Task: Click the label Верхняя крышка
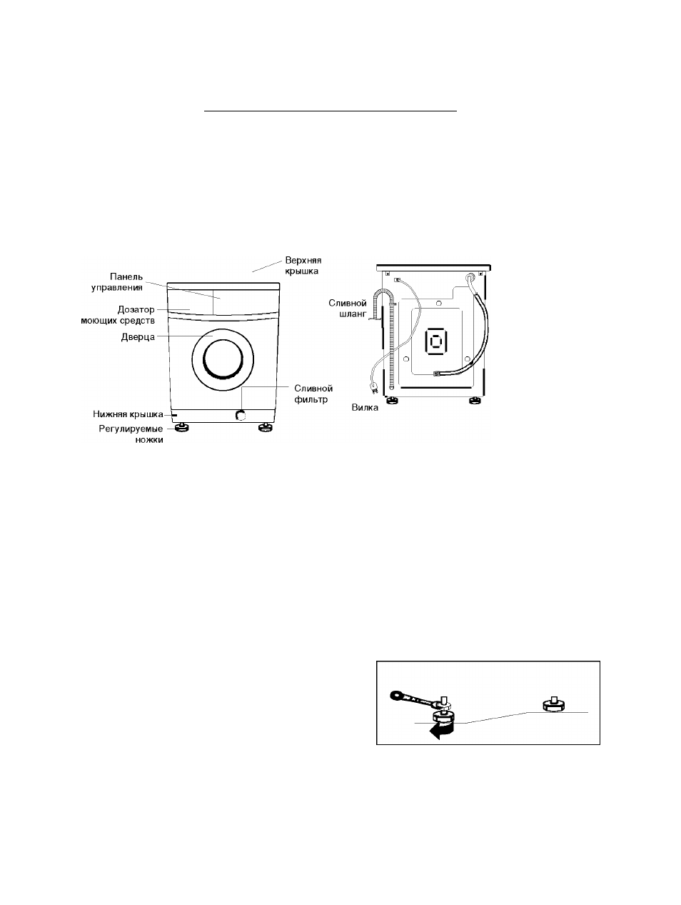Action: (303, 266)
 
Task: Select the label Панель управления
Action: (117, 282)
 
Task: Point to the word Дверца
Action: (138, 337)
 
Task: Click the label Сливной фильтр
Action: (313, 394)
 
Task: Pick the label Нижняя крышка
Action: (128, 414)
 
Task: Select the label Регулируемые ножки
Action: (131, 434)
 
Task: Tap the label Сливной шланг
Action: (348, 309)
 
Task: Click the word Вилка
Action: (365, 408)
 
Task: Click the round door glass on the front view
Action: (223, 359)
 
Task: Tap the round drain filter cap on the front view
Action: (240, 414)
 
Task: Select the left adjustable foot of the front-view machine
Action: (181, 428)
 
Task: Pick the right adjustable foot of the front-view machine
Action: (266, 428)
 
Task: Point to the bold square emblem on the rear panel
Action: (436, 341)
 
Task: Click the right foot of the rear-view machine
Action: (476, 400)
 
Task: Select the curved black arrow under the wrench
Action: (442, 730)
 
